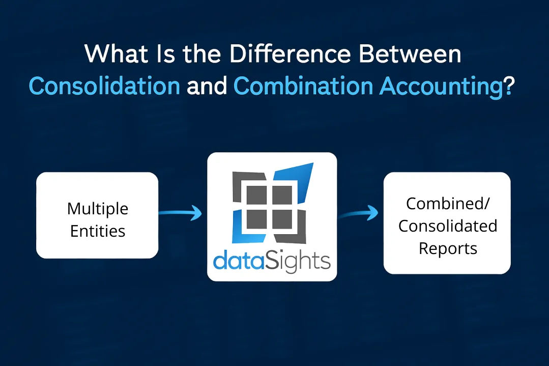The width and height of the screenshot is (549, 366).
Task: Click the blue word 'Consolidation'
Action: (104, 86)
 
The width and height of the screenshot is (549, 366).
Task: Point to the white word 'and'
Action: (207, 86)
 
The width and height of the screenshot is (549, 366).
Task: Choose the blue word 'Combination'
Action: (303, 86)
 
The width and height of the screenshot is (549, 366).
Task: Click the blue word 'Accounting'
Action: (441, 87)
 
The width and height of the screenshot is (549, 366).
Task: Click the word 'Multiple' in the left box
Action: (98, 209)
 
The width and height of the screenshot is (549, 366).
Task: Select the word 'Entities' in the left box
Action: (98, 231)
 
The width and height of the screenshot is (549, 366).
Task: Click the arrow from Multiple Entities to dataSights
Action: (180, 212)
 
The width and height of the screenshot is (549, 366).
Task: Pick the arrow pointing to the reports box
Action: (358, 212)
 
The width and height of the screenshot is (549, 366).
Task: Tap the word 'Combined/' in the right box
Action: (447, 204)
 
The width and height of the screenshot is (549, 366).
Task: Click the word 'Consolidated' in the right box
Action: (447, 226)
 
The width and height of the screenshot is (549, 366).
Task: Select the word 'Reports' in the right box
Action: (448, 249)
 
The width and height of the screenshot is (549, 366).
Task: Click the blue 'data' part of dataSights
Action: (239, 261)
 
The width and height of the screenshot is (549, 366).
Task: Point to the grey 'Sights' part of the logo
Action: (298, 261)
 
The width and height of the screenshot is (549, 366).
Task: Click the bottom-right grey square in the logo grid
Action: (282, 219)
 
